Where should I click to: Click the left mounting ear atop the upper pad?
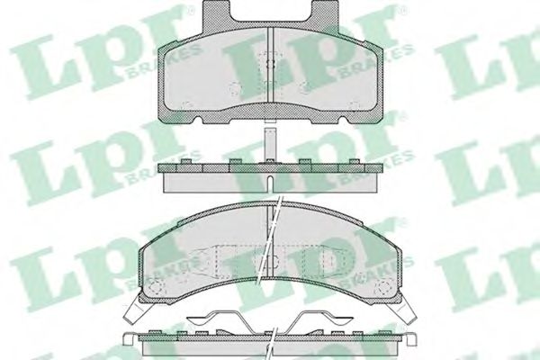(x=216, y=13)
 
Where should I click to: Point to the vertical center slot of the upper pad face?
(x=270, y=65)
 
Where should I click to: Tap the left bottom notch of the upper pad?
(x=198, y=120)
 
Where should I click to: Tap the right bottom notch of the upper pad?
(x=343, y=120)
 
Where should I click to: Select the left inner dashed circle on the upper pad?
(x=235, y=88)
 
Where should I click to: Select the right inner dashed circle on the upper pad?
(x=305, y=88)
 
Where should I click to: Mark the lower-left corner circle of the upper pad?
(x=186, y=105)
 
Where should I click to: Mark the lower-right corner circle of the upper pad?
(x=354, y=105)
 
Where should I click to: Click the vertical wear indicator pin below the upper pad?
(x=270, y=144)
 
